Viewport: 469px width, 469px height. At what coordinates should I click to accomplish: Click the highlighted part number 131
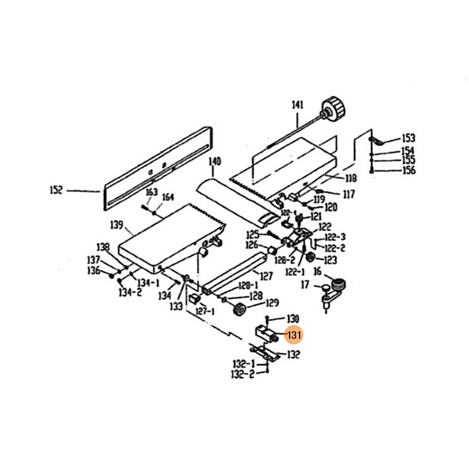point(293,335)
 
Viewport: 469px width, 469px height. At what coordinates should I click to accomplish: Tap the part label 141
point(298,106)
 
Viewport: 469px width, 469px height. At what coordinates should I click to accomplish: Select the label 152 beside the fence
point(56,190)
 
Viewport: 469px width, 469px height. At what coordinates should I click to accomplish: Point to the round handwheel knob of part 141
point(334,108)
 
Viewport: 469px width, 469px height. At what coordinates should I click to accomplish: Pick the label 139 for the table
point(116,225)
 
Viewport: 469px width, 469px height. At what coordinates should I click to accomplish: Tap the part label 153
point(408,139)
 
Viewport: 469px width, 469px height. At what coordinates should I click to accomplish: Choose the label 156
point(408,171)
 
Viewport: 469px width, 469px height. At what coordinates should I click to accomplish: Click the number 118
point(351,178)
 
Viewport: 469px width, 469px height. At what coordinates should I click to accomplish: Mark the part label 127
point(266,276)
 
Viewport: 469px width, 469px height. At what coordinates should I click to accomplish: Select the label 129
point(272,303)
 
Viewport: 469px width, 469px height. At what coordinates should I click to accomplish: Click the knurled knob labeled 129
point(238,309)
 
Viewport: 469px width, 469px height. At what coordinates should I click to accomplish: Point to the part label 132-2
point(243,374)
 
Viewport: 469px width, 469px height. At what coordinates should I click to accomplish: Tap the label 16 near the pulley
point(317,271)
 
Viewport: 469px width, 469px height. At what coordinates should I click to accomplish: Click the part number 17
point(305,285)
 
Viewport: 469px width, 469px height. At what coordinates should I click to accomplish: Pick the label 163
point(151,192)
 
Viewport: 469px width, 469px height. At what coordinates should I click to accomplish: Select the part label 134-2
point(130,292)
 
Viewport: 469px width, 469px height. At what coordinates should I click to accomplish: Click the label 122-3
point(335,237)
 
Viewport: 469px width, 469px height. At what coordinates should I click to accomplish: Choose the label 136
point(94,270)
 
